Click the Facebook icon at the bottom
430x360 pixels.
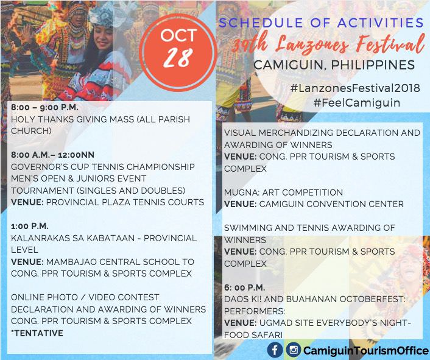275,350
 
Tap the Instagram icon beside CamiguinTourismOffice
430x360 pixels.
294,350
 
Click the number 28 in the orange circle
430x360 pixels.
178,58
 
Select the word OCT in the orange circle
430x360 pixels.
178,35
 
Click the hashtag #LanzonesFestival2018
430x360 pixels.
355,88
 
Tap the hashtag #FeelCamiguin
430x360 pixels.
357,102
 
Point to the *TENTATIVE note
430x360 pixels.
37,333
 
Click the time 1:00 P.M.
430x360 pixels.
30,226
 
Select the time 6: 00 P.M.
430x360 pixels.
245,288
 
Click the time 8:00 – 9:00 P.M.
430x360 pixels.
44,107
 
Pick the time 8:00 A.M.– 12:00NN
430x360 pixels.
52,155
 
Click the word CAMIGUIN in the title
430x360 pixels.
289,65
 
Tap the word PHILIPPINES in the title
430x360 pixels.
373,65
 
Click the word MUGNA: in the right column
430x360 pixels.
242,192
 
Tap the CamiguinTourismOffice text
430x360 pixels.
366,350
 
